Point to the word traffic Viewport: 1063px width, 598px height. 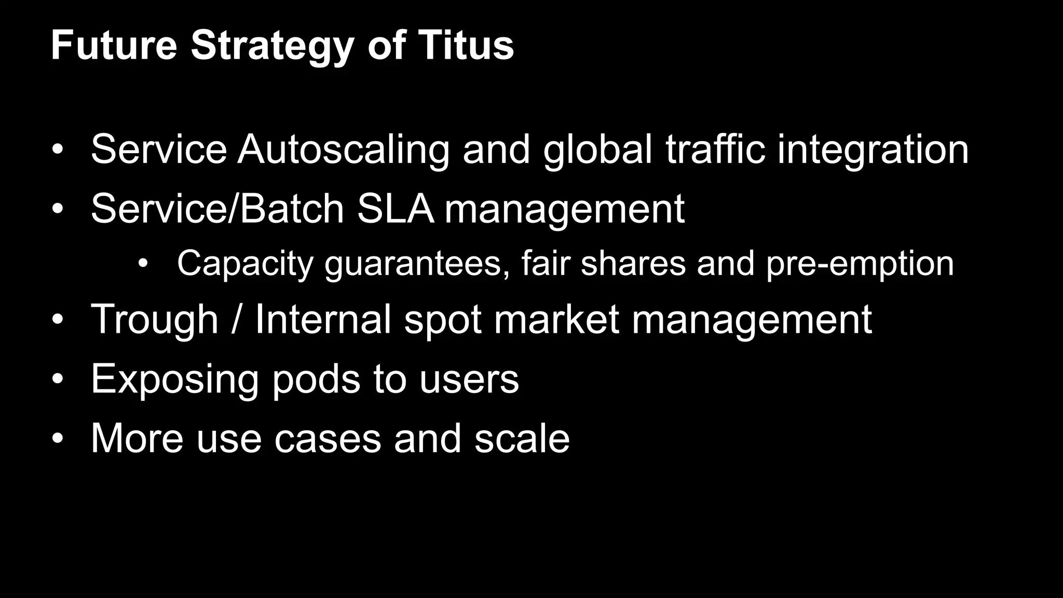click(715, 149)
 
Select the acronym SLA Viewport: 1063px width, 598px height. click(395, 209)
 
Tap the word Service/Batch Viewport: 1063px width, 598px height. click(217, 209)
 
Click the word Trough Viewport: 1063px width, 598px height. click(154, 320)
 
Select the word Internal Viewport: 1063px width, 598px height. click(323, 319)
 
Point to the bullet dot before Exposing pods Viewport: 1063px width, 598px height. click(57, 379)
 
